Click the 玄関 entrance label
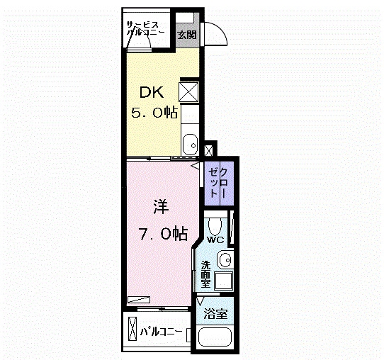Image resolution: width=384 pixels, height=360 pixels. pos(187,35)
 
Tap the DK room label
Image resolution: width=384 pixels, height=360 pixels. pos(152,93)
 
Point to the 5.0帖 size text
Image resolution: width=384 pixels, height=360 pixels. pos(154,113)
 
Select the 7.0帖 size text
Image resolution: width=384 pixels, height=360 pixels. pos(163,234)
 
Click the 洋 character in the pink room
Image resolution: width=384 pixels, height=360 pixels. pos(161,206)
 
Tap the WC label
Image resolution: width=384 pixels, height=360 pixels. pos(215,240)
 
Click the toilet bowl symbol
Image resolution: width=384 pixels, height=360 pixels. pos(215,226)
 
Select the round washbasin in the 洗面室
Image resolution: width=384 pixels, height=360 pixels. pos(225,260)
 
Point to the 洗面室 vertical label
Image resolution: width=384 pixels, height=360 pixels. pos(205,274)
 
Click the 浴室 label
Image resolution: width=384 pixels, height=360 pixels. pos(216,314)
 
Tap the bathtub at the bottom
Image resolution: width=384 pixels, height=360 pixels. pos(215,337)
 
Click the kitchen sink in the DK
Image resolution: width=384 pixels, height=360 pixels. pos(191,145)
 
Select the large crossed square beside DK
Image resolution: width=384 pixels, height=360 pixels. pos(188,92)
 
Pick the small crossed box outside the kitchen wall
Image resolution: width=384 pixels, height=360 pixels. pos(209,150)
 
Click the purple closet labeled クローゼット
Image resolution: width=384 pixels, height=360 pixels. pos(219,183)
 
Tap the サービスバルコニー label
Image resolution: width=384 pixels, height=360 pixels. pos(145,29)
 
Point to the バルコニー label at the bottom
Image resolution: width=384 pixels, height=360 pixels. pos(161,332)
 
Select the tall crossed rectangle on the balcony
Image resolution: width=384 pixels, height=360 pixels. pos(132,328)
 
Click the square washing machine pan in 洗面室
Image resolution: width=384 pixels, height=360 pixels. pos(224,280)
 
